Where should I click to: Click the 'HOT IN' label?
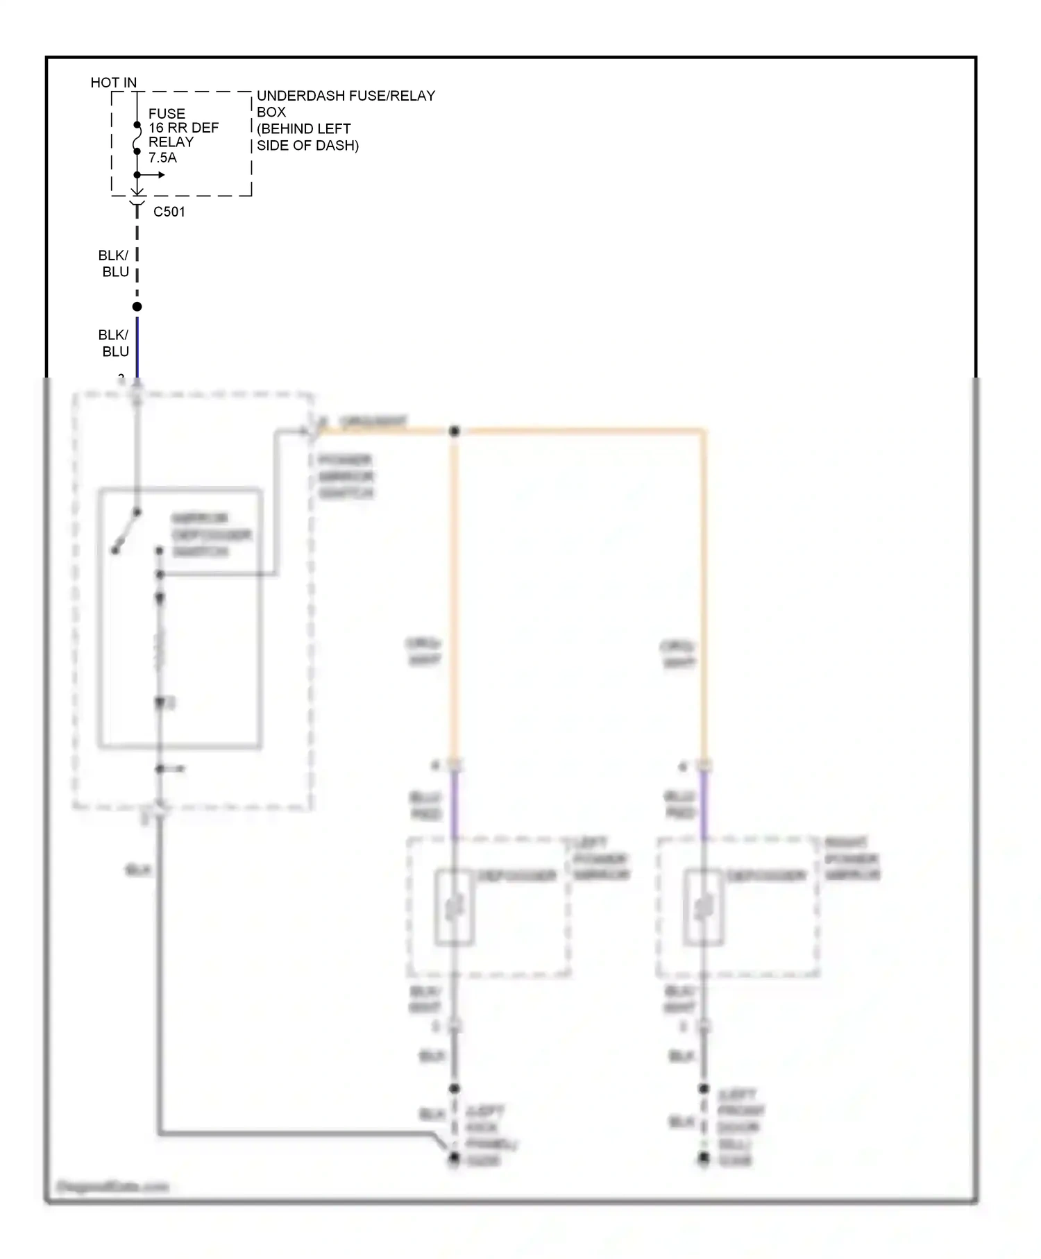[113, 83]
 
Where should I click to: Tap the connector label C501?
[169, 212]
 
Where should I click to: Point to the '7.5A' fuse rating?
[162, 158]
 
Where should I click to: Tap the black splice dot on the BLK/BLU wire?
[137, 307]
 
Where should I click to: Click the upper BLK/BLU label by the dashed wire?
[115, 264]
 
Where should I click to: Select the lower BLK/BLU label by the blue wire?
[115, 343]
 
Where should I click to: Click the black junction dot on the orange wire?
[455, 431]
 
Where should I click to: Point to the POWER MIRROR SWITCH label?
[346, 477]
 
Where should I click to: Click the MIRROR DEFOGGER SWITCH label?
[210, 535]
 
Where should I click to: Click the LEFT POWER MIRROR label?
[600, 859]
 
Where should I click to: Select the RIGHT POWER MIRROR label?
[852, 859]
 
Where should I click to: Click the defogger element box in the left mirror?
[455, 907]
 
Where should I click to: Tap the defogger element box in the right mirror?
[704, 907]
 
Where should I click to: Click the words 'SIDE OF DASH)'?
[307, 146]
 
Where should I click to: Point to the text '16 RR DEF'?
[183, 128]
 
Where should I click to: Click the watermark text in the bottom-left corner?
[112, 1187]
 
